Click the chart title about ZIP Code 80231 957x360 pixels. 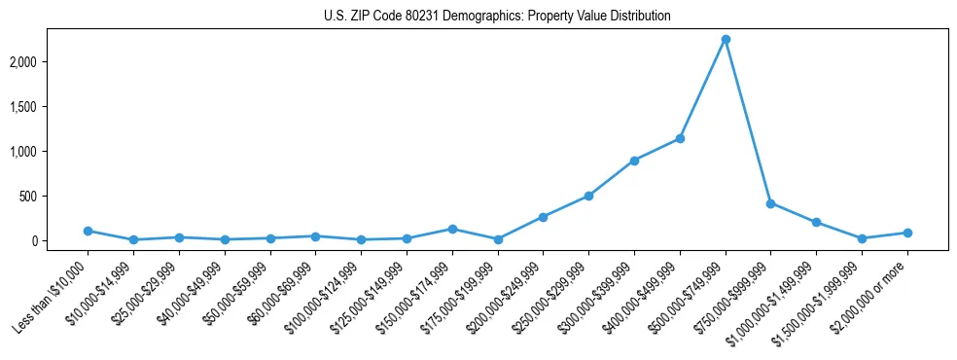coord(497,17)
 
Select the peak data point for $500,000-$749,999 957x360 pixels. coord(726,40)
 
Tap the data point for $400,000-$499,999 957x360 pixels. coord(680,138)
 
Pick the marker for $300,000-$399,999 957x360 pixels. coord(634,161)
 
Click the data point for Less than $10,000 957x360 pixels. coord(88,231)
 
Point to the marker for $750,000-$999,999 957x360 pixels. coord(770,203)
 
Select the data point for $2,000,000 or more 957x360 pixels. coord(907,233)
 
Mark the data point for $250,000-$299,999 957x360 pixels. coord(588,196)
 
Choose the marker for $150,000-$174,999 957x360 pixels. coord(452,229)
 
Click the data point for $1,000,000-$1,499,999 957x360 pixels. coord(816,222)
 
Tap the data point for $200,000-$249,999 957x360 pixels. coord(543,217)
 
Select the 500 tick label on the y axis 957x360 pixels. coord(54,197)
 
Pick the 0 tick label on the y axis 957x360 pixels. coord(61,241)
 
